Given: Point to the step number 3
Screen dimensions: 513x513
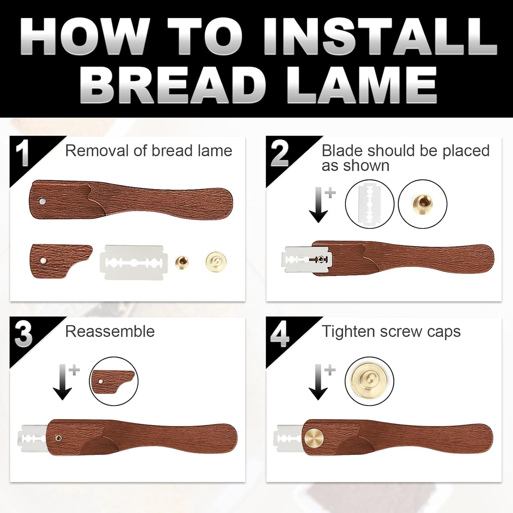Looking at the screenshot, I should tap(23, 335).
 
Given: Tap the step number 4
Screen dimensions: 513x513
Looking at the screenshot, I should tap(279, 335).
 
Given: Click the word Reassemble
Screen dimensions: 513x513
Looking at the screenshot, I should tap(110, 332).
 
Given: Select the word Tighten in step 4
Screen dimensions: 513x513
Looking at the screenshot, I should tap(348, 332).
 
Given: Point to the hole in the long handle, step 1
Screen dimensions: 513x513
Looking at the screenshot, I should tap(43, 202).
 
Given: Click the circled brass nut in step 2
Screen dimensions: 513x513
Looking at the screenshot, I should tap(422, 204).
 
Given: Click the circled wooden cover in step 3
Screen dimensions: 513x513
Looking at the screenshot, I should tap(114, 381).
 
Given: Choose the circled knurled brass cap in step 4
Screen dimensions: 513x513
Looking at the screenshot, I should tap(369, 381).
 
